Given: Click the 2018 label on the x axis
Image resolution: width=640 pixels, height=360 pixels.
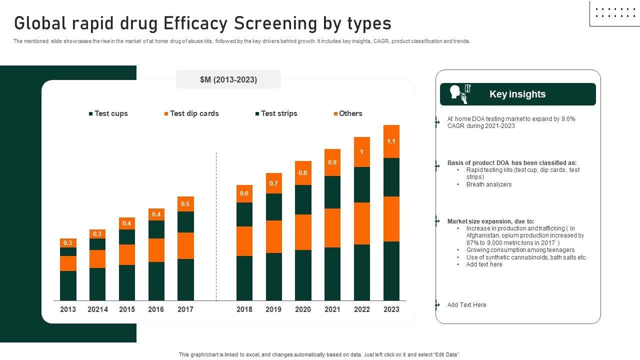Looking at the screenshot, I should point(244,309).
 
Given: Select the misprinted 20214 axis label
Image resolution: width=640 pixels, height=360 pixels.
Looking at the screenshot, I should point(97,309).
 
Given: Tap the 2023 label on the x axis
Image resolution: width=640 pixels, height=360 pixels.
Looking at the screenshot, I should point(391,309).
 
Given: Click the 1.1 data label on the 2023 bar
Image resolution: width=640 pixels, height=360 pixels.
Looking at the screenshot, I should point(391,141).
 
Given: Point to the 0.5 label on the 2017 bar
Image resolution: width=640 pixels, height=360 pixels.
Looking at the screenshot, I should point(185,203).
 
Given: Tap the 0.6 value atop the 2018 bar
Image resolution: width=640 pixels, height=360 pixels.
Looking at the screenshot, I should point(244,193).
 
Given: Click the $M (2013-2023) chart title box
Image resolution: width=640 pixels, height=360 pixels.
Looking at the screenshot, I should point(228,79).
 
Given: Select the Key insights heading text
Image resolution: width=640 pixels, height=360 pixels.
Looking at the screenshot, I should point(517,94).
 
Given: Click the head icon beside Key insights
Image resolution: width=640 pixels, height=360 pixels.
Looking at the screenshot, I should point(455,92).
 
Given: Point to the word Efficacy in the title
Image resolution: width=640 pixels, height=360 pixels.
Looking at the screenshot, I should point(202,23).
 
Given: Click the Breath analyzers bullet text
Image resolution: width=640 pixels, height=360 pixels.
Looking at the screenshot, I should point(489,184).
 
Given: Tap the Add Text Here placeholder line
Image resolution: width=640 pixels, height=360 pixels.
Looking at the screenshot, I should point(466,305).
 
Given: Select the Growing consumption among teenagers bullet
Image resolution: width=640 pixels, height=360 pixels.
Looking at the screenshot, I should point(520,250).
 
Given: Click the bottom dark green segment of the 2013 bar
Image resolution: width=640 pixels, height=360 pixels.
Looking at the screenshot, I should point(68,285).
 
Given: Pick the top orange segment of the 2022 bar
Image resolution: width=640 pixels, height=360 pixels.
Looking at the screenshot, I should point(361,152).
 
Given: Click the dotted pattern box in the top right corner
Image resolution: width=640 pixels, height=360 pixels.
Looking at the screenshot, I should point(614,13).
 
